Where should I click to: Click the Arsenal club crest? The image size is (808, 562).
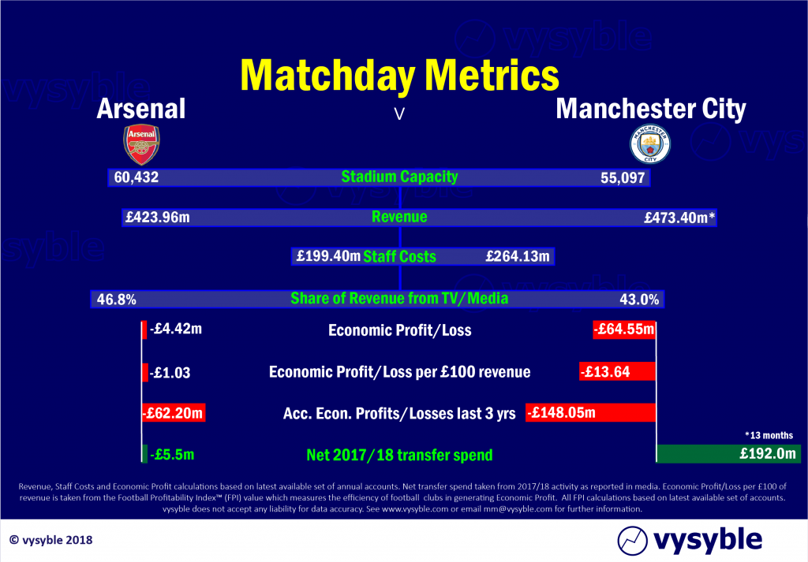pyautogui.click(x=141, y=144)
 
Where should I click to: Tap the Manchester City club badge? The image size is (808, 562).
pyautogui.click(x=650, y=144)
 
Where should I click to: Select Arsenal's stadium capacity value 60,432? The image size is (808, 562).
pyautogui.click(x=136, y=177)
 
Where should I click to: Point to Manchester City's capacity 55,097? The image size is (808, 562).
pyautogui.click(x=623, y=178)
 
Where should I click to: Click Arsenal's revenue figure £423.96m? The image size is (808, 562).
pyautogui.click(x=158, y=218)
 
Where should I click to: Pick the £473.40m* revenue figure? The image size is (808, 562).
pyautogui.click(x=679, y=218)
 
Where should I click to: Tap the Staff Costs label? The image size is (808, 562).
pyautogui.click(x=399, y=256)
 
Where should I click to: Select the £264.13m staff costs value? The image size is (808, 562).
pyautogui.click(x=518, y=256)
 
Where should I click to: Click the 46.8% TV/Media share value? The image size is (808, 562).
pyautogui.click(x=117, y=300)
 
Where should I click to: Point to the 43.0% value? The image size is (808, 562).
pyautogui.click(x=639, y=300)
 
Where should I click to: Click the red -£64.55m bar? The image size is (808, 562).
pyautogui.click(x=624, y=329)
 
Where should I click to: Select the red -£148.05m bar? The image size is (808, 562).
pyautogui.click(x=590, y=413)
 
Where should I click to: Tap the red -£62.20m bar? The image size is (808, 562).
pyautogui.click(x=174, y=413)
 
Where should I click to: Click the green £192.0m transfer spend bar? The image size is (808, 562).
pyautogui.click(x=728, y=454)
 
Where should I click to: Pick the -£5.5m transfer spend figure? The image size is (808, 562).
pyautogui.click(x=172, y=455)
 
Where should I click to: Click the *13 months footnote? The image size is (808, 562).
pyautogui.click(x=769, y=435)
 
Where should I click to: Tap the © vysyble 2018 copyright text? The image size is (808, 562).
pyautogui.click(x=51, y=540)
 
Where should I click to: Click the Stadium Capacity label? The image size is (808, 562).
pyautogui.click(x=399, y=177)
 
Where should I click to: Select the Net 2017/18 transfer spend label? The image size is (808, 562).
pyautogui.click(x=399, y=455)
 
